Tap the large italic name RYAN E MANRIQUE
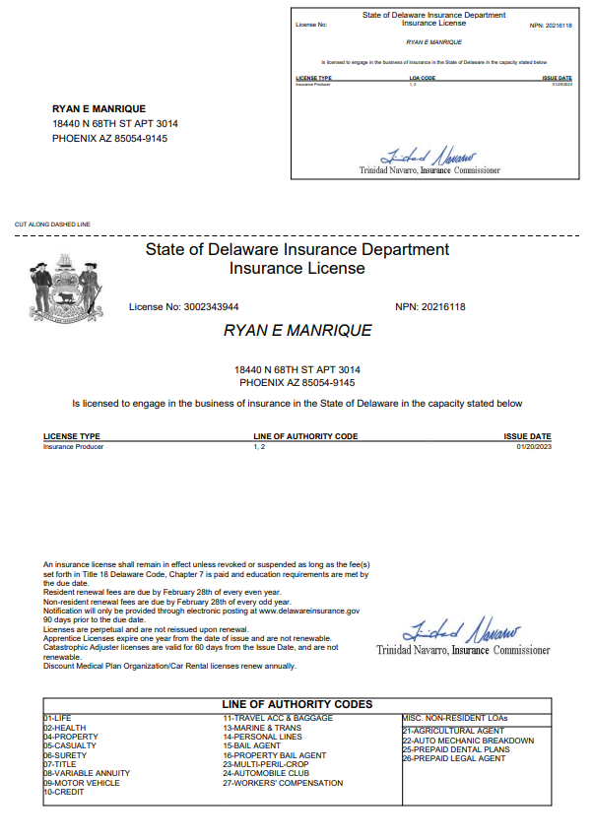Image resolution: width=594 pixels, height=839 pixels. coord(297,331)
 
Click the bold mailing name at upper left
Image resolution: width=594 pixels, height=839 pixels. coord(99,108)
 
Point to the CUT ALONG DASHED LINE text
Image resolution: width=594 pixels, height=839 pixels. coord(52,225)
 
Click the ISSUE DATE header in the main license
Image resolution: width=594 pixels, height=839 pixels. coord(527,436)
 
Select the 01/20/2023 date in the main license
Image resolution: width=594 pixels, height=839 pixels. coord(533,446)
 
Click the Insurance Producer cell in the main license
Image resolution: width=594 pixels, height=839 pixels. coord(73,446)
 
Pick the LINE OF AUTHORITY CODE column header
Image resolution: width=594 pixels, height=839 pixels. coord(304,436)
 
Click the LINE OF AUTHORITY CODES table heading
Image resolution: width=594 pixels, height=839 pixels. coord(297,704)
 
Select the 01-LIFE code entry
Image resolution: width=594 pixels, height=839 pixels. coord(58,719)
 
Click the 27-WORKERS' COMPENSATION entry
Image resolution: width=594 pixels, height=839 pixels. coord(283,783)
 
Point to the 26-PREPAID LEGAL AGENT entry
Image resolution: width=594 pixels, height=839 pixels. coord(454,758)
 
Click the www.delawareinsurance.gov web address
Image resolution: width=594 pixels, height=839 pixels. coord(309,612)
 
